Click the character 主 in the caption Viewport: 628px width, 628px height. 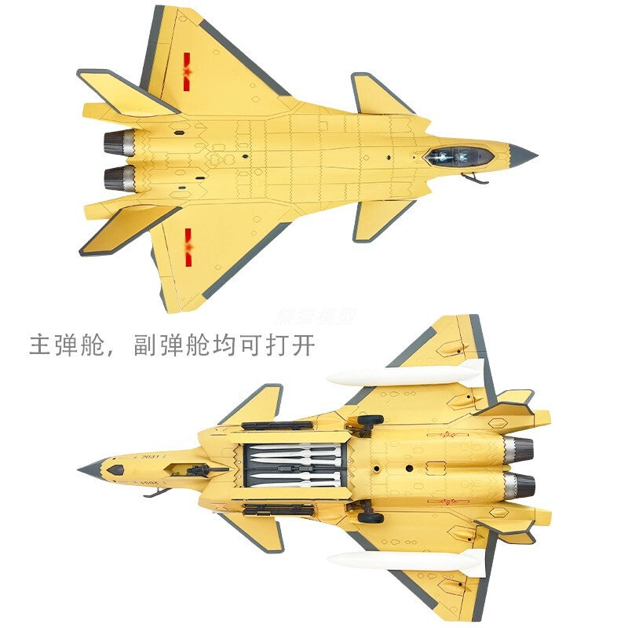pos(41,345)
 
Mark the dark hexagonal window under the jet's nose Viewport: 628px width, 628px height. pos(115,470)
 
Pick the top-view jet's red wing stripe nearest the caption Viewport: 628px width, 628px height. pos(188,243)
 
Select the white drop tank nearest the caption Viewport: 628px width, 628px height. pos(405,374)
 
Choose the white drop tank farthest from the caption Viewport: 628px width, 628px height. pos(405,560)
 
